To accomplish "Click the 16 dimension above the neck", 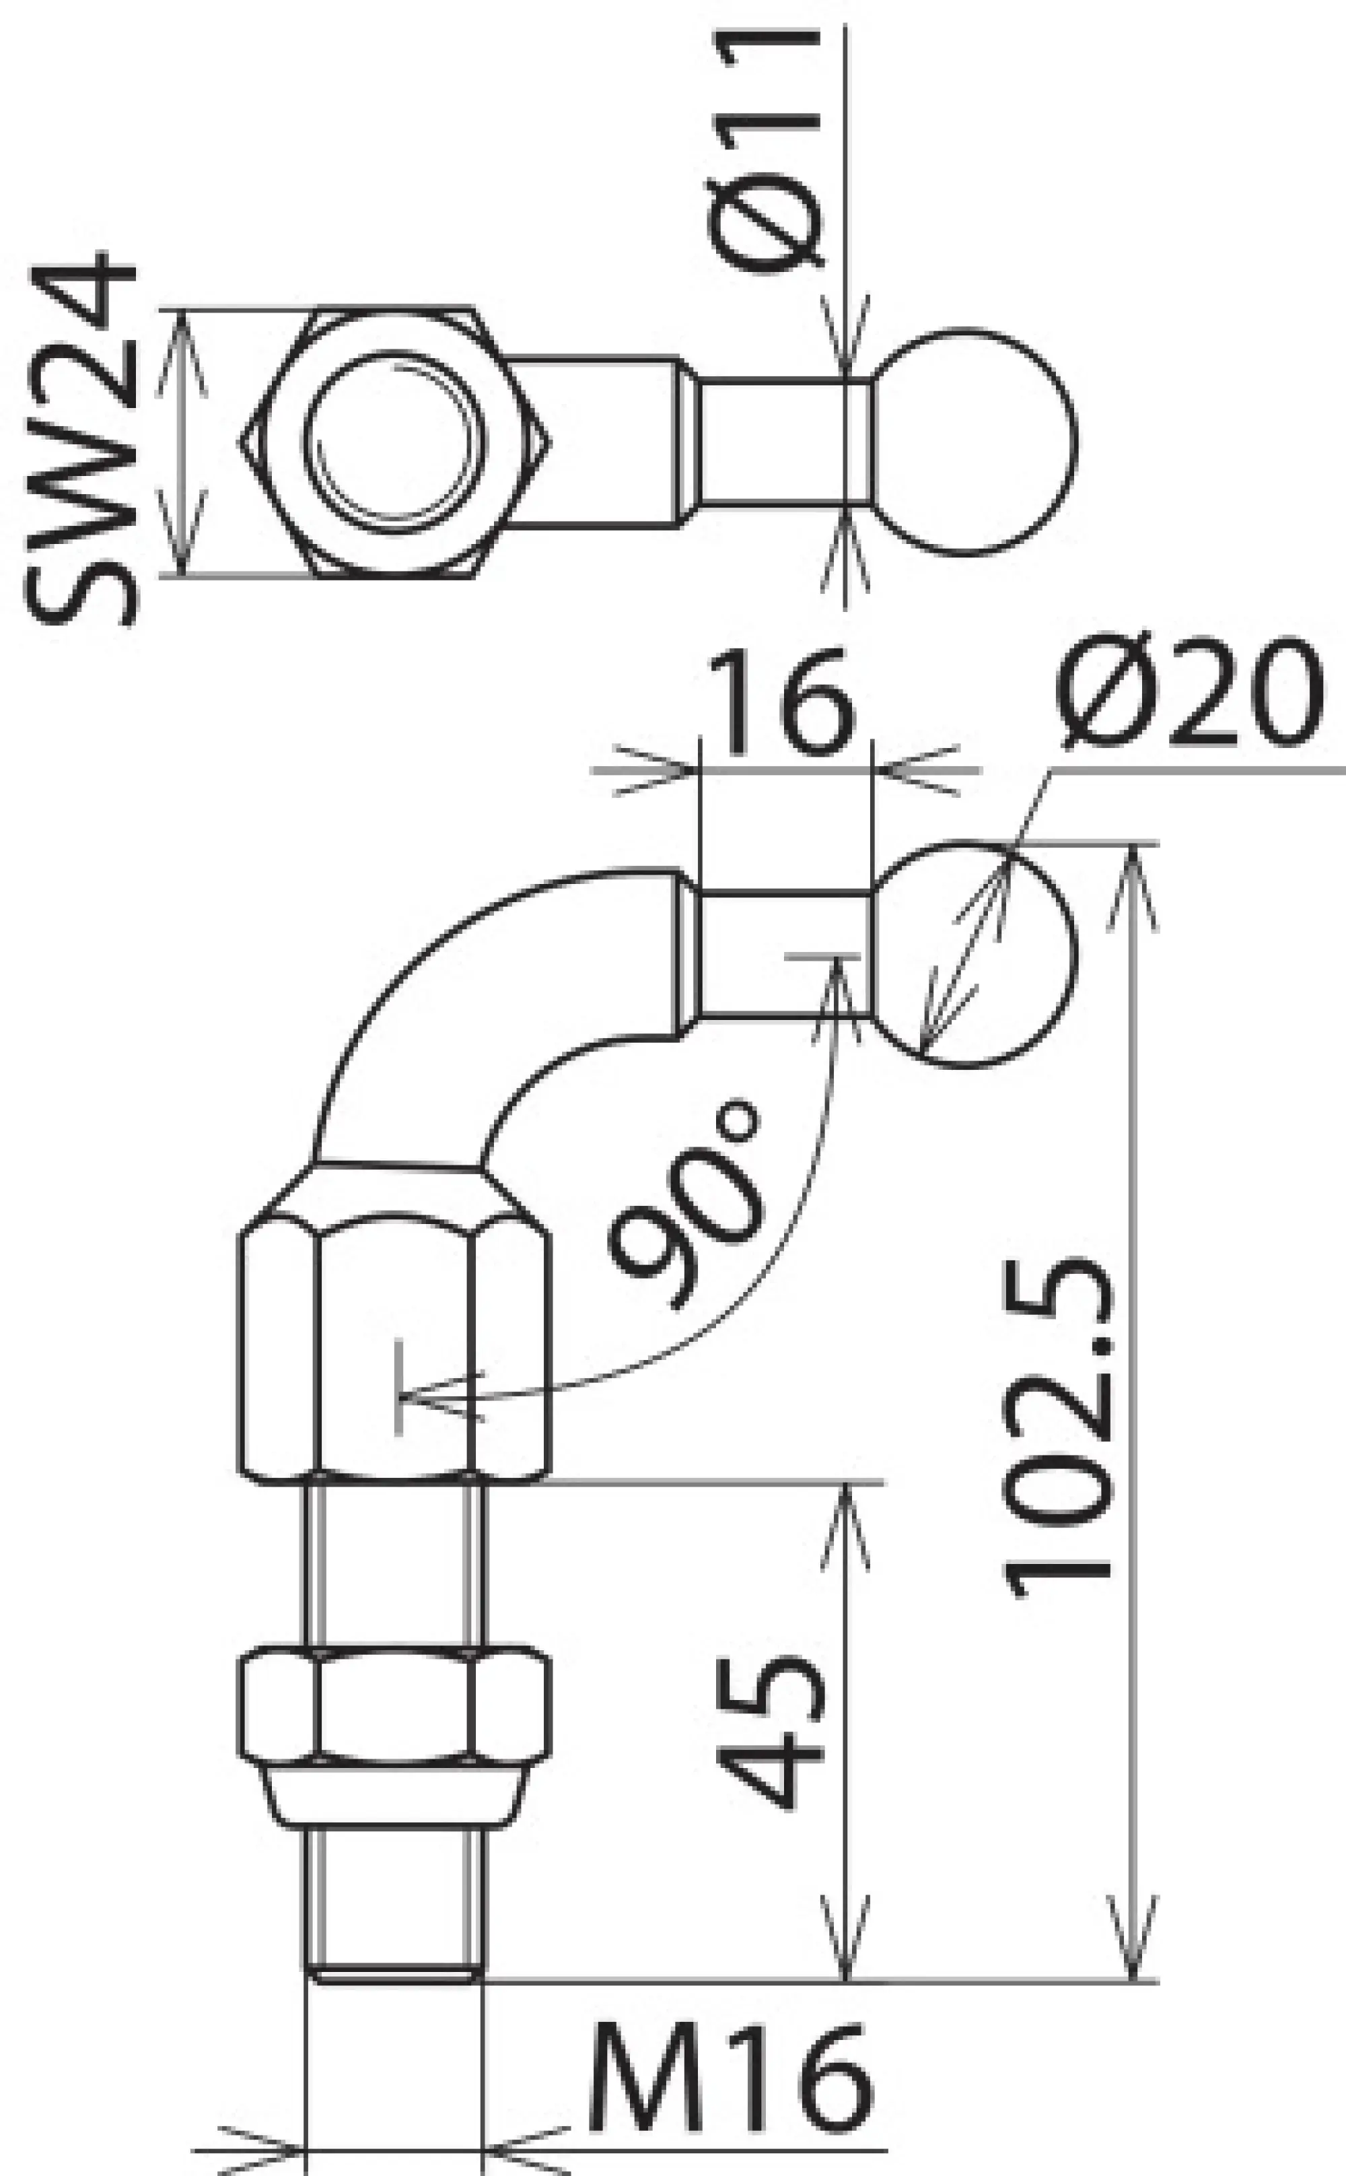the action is (783, 700).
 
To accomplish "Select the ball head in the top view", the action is (973, 442).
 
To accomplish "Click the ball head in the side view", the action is (973, 955).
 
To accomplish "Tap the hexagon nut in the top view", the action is (395, 442).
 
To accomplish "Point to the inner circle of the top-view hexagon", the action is (395, 442).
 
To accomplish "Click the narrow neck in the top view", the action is (783, 442).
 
